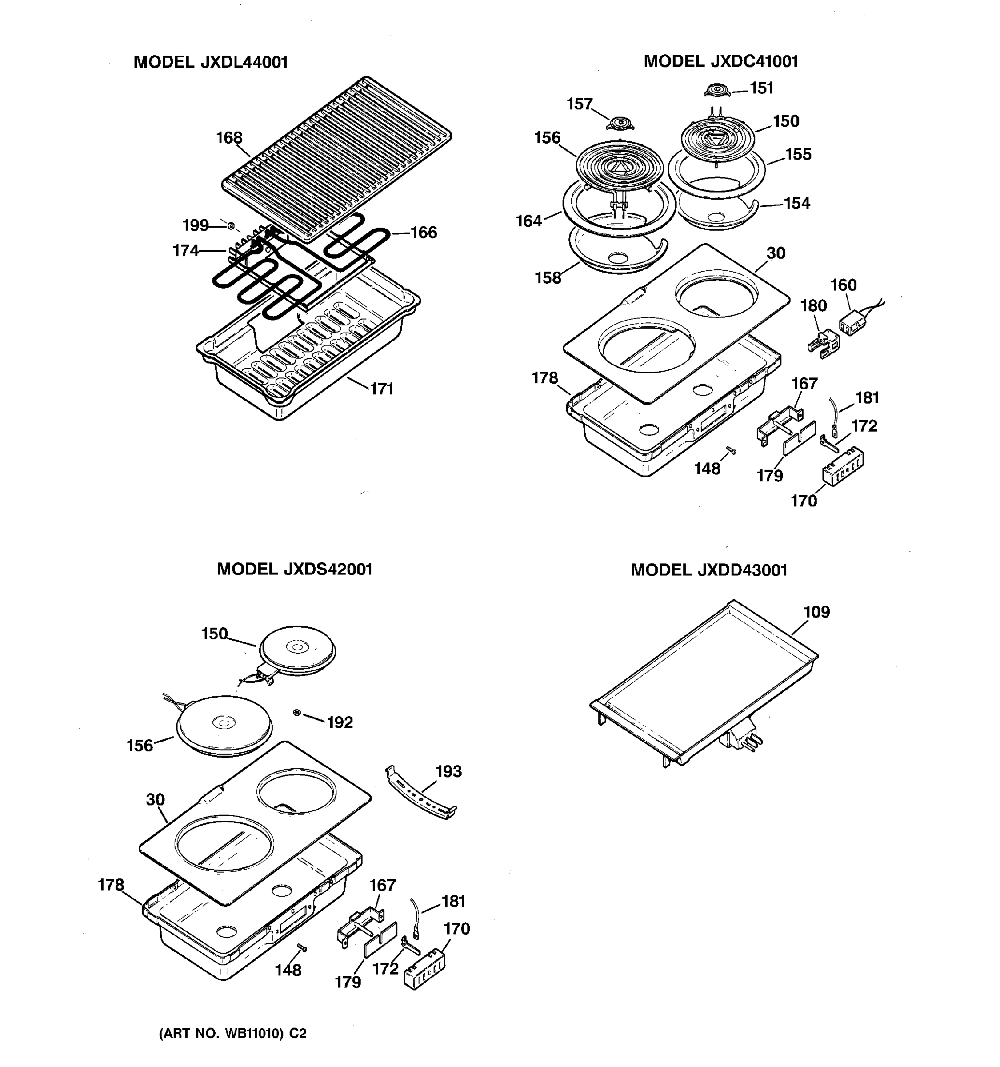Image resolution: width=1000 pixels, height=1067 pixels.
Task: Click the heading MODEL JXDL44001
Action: click(210, 62)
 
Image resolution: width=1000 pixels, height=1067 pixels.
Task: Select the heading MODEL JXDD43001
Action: click(709, 570)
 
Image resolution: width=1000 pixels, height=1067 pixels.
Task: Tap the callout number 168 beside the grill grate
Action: click(229, 138)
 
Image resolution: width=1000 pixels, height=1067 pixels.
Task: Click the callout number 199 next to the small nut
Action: click(195, 225)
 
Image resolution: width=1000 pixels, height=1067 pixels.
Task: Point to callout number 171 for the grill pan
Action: click(382, 389)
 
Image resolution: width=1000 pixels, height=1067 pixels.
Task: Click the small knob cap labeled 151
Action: click(717, 90)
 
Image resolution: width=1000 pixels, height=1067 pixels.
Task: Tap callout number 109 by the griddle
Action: click(816, 612)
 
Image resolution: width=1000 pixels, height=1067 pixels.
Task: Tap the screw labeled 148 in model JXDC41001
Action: click(731, 450)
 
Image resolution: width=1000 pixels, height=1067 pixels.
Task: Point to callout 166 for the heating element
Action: click(424, 233)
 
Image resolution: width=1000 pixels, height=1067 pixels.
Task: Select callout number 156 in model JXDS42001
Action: click(140, 746)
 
